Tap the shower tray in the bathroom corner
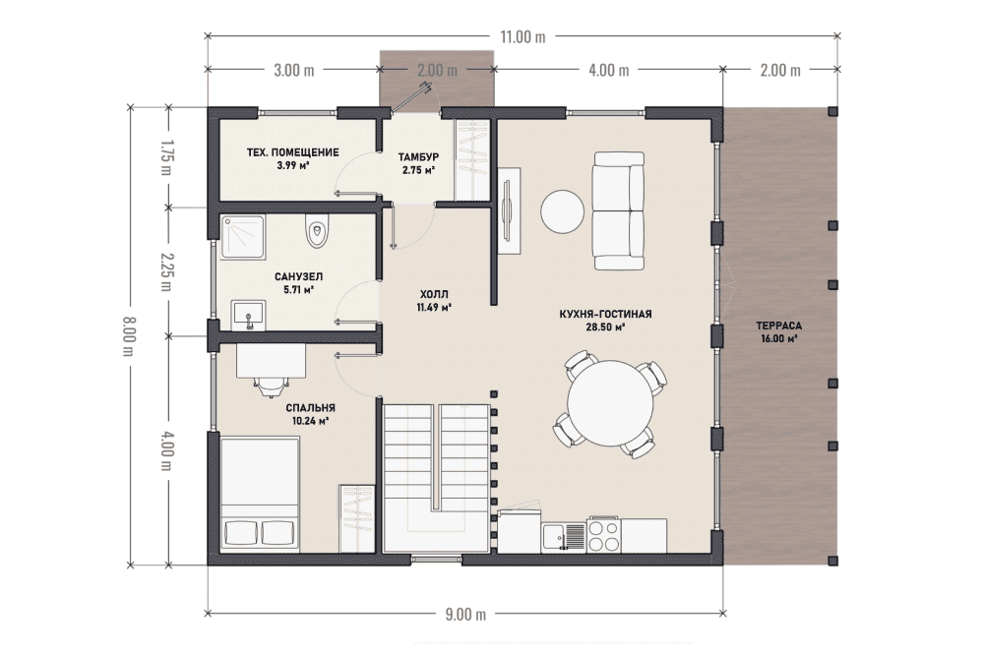242,237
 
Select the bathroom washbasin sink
249,315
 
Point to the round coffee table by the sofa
563,211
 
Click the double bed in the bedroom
260,494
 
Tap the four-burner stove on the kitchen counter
604,536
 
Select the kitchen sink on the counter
564,537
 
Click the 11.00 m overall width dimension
523,36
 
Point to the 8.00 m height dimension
129,336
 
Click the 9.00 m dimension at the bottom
465,614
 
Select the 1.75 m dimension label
165,156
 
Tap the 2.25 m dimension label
165,270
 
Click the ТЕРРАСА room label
778,327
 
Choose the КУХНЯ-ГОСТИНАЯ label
605,314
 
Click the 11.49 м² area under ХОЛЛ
434,307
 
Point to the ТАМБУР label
418,156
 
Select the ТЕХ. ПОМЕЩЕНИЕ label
292,152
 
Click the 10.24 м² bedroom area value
311,421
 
